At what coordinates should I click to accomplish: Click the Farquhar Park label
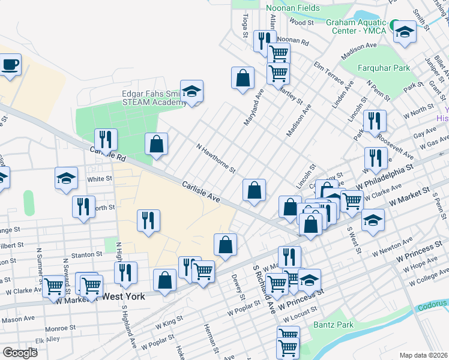[385, 68]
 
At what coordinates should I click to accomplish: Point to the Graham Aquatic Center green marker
[394, 26]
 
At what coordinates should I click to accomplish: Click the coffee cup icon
[10, 64]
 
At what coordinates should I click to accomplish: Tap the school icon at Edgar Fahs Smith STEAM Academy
[192, 92]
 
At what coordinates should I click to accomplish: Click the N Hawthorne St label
[215, 158]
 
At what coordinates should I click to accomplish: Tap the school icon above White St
[66, 178]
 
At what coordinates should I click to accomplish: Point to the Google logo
[20, 353]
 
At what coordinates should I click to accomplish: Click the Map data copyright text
[423, 355]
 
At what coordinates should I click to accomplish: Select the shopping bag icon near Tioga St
[242, 78]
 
